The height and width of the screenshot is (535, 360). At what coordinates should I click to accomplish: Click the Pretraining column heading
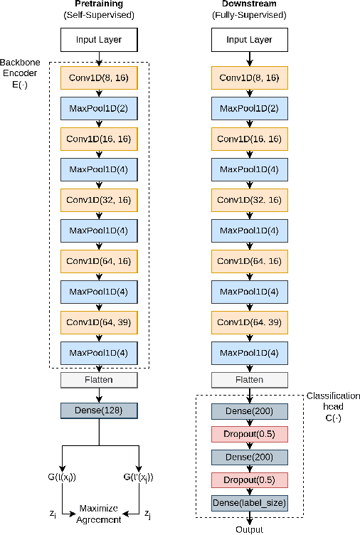coord(99,5)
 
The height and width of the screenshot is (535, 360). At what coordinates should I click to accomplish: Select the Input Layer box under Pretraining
coord(99,40)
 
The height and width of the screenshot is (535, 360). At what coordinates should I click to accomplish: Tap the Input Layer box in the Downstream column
coord(249,40)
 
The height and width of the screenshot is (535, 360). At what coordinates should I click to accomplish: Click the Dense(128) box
coord(99,410)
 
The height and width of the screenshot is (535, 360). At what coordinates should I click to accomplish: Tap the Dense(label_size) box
coord(249,503)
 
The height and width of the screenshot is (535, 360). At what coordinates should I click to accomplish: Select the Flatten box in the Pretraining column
coord(99,381)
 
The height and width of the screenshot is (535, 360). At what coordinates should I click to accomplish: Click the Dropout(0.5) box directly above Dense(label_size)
coord(249,480)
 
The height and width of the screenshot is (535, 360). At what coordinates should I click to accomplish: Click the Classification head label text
coord(333,406)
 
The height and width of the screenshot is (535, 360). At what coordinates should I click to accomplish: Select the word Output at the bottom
coord(249,529)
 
